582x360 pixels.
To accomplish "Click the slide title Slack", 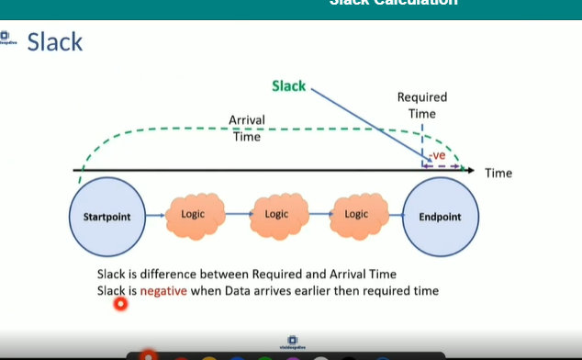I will pos(54,42).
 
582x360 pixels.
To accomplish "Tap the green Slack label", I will pos(288,85).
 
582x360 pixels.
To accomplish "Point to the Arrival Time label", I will pos(246,128).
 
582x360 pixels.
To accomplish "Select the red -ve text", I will pos(437,155).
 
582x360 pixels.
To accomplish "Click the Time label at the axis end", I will pos(498,173).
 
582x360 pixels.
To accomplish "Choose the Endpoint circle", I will pos(440,217).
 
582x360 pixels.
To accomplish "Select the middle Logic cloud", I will pos(276,215).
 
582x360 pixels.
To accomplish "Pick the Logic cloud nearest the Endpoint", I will pos(355,215).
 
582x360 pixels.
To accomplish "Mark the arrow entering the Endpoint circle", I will pos(396,217).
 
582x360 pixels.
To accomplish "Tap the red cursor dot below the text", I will pos(119,304).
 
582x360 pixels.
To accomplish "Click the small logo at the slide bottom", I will pos(291,341).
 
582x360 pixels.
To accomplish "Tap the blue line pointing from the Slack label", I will pos(367,124).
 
